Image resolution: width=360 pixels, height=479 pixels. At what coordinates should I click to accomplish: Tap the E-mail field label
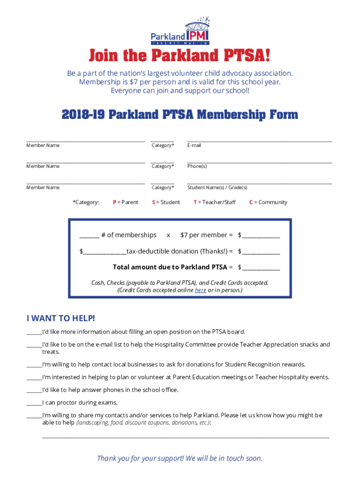click(194, 145)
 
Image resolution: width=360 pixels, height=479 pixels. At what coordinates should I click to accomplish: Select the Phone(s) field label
click(197, 166)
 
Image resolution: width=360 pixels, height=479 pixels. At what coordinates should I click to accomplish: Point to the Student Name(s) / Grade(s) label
click(217, 188)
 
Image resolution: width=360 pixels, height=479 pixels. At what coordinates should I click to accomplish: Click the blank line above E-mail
click(259, 140)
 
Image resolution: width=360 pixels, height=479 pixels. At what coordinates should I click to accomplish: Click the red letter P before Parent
click(115, 203)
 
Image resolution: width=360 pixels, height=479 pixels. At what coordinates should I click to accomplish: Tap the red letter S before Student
click(153, 203)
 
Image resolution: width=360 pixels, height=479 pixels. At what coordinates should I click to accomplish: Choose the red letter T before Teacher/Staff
click(195, 203)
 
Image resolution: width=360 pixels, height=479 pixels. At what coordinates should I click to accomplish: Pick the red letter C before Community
click(251, 203)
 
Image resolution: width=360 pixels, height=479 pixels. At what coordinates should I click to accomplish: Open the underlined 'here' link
click(201, 290)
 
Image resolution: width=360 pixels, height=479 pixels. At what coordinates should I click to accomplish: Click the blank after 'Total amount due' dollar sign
click(261, 269)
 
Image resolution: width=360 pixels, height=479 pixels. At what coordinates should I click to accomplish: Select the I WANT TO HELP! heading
click(61, 319)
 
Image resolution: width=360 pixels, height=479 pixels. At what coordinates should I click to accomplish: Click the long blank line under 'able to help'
click(186, 437)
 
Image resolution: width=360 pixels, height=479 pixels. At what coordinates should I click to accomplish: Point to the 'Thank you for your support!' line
click(180, 458)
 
